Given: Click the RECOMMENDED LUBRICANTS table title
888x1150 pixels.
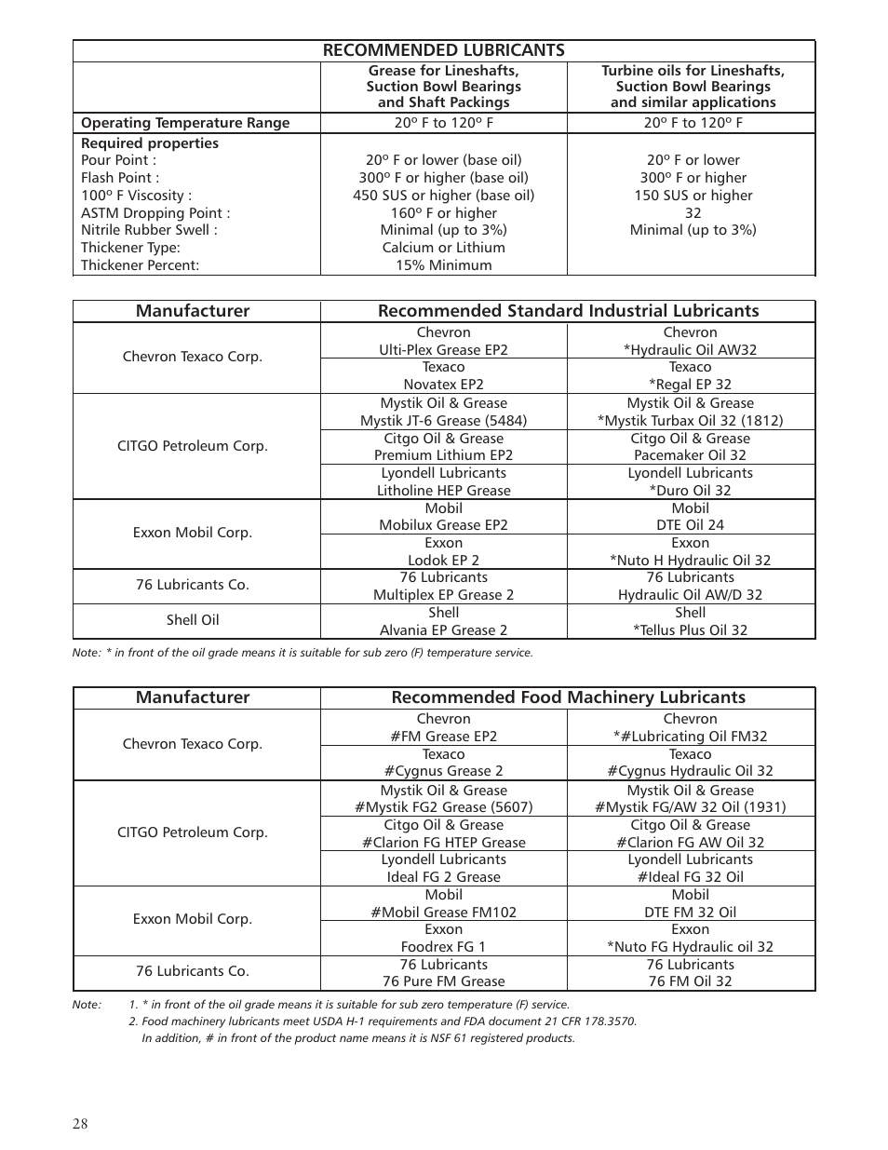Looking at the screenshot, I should tap(443, 50).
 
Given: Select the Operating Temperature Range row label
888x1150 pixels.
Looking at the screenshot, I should tap(185, 123).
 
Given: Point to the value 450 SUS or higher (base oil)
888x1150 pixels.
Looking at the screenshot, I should tap(443, 196).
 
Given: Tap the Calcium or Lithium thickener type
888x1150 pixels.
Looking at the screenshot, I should tap(443, 248).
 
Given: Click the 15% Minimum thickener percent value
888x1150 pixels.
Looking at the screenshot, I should tap(443, 265).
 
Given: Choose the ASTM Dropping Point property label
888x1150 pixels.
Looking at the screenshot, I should tap(155, 213).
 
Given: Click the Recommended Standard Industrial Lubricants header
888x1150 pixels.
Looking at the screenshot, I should tap(568, 311).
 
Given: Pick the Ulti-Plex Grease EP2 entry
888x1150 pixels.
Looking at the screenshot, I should tap(443, 350).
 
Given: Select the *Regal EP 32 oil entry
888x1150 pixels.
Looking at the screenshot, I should tap(690, 385).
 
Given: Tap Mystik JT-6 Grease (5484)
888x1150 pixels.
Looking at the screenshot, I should tap(443, 420).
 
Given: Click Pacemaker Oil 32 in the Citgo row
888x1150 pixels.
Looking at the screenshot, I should tap(690, 455).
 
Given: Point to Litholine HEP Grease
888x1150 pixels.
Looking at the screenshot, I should tap(443, 491).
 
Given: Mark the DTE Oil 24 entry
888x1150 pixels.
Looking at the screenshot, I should tap(690, 525).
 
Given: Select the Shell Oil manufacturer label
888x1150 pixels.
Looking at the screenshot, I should tap(193, 620).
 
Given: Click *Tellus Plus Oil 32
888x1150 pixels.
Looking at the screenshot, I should tap(690, 630).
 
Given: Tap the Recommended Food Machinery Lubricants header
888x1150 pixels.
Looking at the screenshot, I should tap(568, 697).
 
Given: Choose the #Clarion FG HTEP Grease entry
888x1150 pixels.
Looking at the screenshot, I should tap(443, 843).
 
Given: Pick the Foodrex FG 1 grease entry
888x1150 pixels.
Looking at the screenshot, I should tap(443, 947).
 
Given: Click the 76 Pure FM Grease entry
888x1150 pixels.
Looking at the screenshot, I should tap(443, 981).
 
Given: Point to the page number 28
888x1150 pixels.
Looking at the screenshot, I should tap(80, 1124).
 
